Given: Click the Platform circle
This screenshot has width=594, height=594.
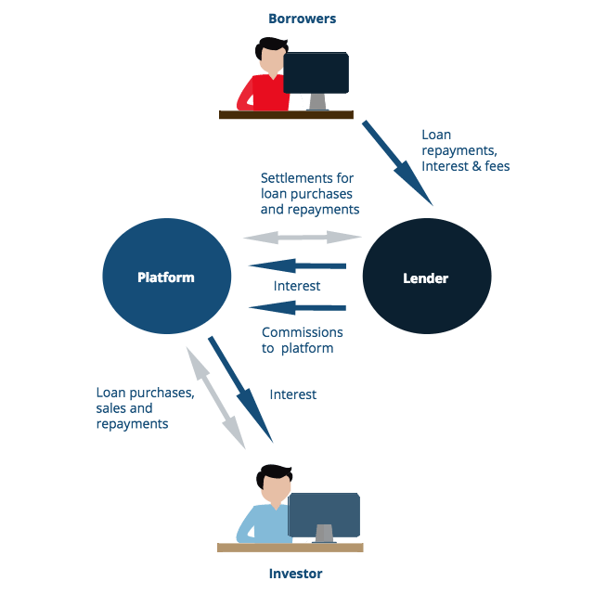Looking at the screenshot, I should pyautogui.click(x=166, y=277).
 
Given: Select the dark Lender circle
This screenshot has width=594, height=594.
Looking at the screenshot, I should pyautogui.click(x=426, y=277).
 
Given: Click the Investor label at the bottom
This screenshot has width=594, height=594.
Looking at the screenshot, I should pyautogui.click(x=294, y=574).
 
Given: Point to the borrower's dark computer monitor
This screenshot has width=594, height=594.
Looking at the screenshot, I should pyautogui.click(x=316, y=72).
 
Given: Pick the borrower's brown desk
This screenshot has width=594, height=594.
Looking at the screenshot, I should pyautogui.click(x=286, y=115).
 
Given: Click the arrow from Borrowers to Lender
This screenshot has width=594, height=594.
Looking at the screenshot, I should pyautogui.click(x=397, y=162).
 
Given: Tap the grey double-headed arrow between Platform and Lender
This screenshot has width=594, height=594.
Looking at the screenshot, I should pyautogui.click(x=302, y=238).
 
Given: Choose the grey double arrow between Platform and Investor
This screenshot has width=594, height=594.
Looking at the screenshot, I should pyautogui.click(x=216, y=398).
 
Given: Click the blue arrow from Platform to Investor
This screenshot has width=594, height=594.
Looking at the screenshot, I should pyautogui.click(x=240, y=390).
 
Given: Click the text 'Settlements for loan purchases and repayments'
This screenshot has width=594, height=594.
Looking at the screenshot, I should pyautogui.click(x=309, y=193).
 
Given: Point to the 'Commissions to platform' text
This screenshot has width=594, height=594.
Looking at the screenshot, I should pyautogui.click(x=302, y=340).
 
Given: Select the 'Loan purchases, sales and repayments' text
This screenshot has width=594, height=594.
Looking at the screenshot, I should pyautogui.click(x=145, y=407).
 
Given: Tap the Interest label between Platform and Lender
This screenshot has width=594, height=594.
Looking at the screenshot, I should pyautogui.click(x=297, y=286).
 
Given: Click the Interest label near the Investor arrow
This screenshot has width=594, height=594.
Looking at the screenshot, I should pyautogui.click(x=293, y=394).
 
